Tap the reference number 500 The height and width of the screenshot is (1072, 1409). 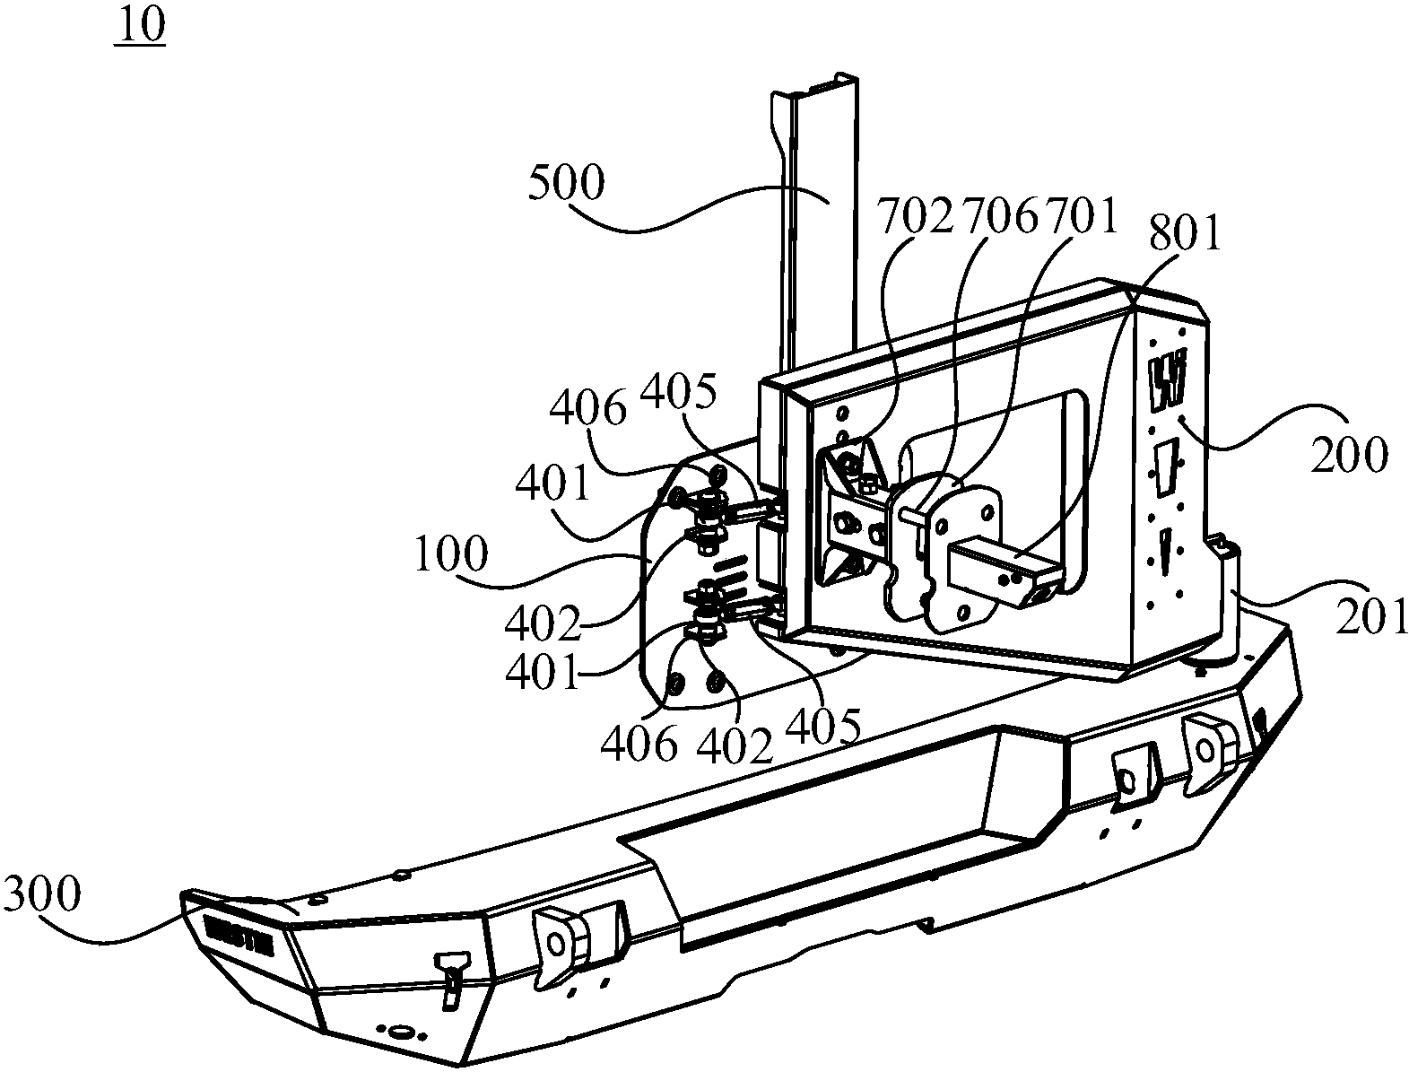[566, 185]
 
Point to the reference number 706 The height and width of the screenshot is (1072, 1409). [998, 217]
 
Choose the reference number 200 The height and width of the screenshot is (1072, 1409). [1349, 456]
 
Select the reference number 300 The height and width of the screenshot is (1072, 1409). [42, 894]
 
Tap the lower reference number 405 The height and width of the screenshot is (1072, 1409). [823, 725]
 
